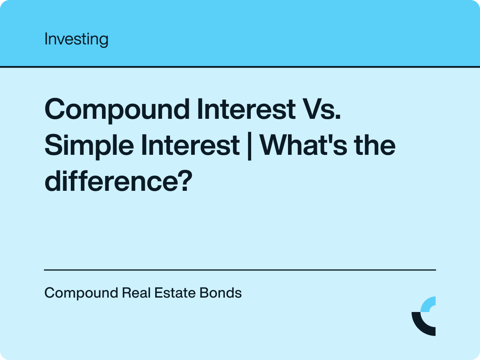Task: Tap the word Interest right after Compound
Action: (x=246, y=109)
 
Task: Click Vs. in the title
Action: (x=322, y=109)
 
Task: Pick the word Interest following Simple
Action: (x=190, y=145)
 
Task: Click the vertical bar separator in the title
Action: (x=250, y=146)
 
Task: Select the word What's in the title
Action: (x=303, y=145)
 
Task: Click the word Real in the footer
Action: (x=136, y=293)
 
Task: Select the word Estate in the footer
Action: (x=175, y=293)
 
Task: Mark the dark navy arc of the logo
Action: (x=420, y=326)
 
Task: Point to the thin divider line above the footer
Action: (x=240, y=270)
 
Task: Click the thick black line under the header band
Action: (x=240, y=67)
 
